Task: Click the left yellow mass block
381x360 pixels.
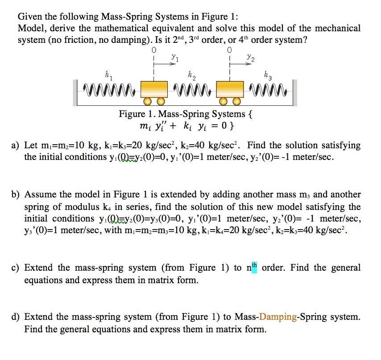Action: click(x=154, y=88)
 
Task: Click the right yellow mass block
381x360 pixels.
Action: click(x=230, y=88)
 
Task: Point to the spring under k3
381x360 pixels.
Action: click(x=269, y=92)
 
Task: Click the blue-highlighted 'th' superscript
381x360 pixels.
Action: click(x=254, y=267)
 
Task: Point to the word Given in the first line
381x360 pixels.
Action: click(x=29, y=17)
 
